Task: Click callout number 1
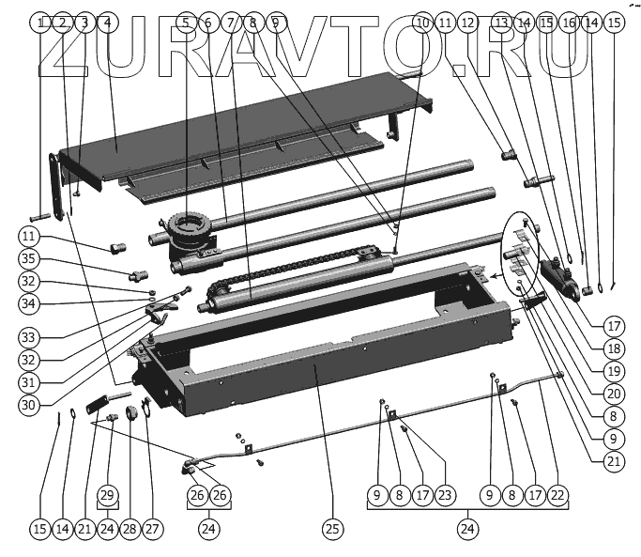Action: tap(40, 22)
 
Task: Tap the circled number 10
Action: tap(421, 22)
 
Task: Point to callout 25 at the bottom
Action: tap(330, 530)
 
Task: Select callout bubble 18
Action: tap(614, 347)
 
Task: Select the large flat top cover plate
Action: tap(244, 132)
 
